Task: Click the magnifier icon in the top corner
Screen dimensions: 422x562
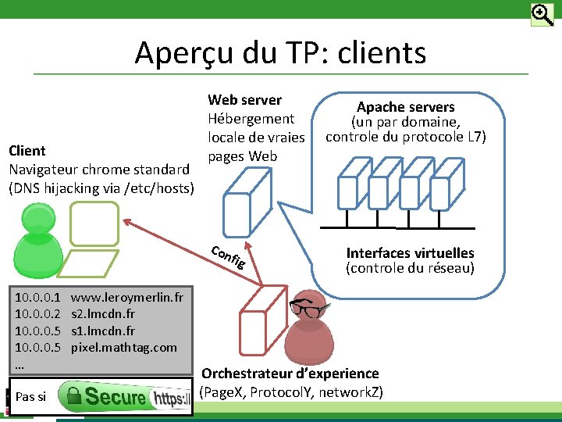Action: tap(542, 15)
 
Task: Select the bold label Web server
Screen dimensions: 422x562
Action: tap(244, 100)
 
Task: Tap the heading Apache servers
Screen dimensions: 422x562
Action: tap(405, 107)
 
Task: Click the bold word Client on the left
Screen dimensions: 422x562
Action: tap(27, 150)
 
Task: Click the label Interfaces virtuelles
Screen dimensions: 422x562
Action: tap(410, 253)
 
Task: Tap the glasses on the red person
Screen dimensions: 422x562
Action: tap(306, 308)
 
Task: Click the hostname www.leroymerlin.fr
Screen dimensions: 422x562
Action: tap(127, 297)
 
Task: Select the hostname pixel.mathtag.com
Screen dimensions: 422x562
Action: tap(124, 347)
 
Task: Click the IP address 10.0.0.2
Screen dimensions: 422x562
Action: tap(38, 314)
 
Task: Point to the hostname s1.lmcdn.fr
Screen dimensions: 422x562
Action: tap(103, 331)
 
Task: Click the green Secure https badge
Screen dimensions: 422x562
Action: tap(126, 397)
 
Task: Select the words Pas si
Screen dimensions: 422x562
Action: tap(30, 397)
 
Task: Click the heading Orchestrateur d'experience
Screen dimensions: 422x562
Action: tap(290, 374)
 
